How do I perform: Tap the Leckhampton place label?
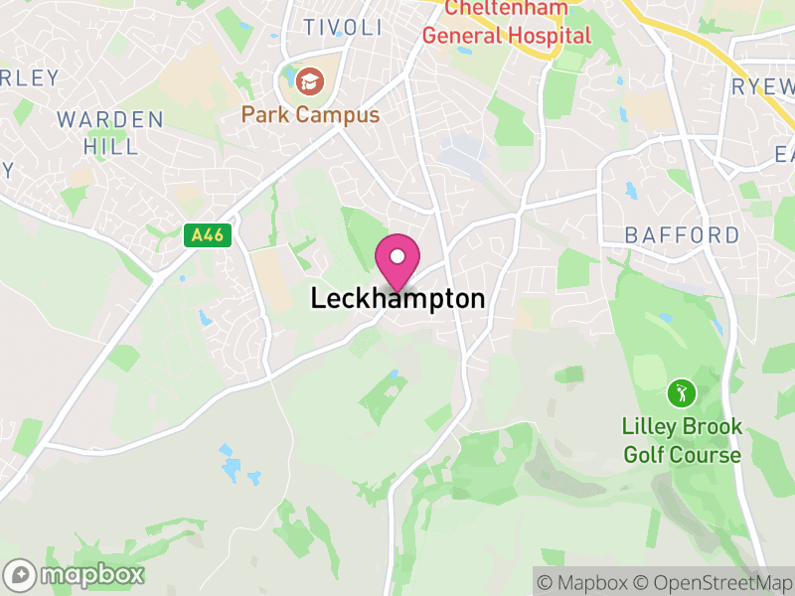397,298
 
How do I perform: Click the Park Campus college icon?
311,78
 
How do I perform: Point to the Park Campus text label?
310,115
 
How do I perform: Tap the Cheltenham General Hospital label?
507,22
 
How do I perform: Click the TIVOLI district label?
342,27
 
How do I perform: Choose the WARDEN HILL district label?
110,133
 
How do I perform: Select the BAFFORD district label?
682,235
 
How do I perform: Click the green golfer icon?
681,392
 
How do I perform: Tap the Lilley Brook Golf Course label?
682,441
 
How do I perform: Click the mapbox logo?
76,574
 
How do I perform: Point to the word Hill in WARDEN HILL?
110,147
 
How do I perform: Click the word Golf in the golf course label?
645,455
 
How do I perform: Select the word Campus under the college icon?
338,115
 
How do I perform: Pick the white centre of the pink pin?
397,257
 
